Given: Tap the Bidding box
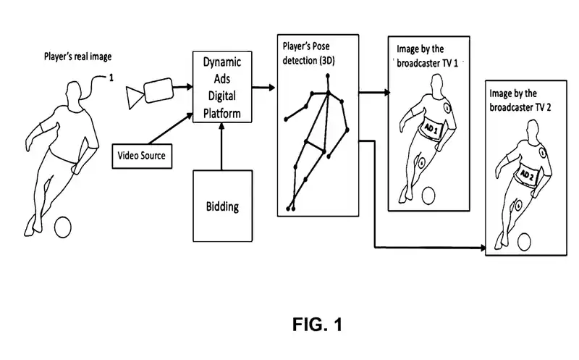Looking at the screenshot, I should tap(222, 206).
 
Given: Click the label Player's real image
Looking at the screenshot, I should tap(76, 57).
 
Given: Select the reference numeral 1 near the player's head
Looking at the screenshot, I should tap(111, 78).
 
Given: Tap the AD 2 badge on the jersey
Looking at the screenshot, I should tap(528, 176).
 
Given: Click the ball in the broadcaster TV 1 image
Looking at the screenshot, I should tap(427, 194).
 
